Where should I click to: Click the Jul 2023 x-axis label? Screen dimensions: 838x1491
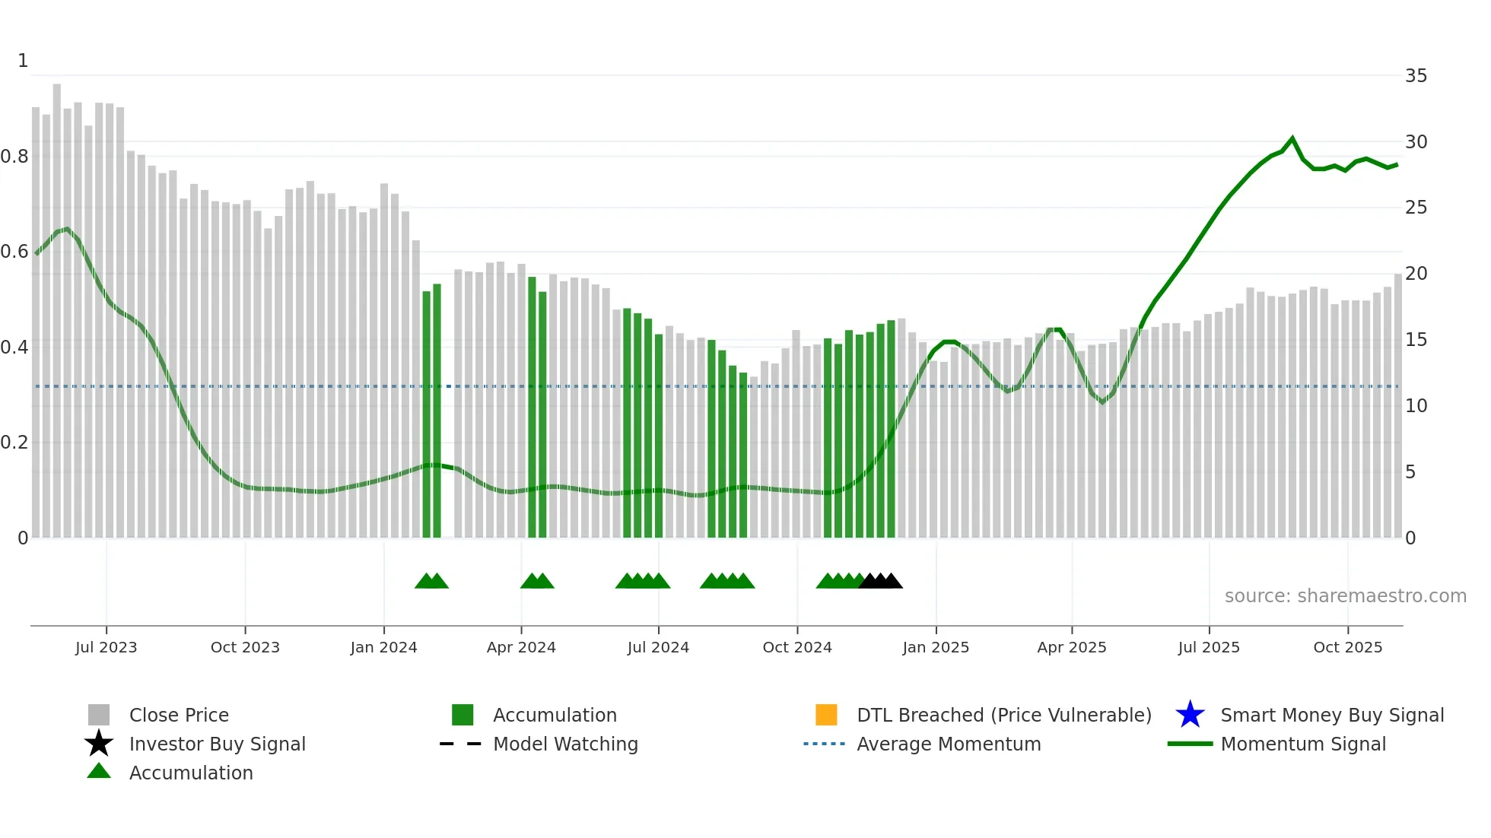click(x=106, y=647)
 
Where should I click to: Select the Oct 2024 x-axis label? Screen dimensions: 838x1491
click(x=796, y=647)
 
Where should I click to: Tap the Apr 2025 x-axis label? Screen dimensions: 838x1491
click(x=1071, y=647)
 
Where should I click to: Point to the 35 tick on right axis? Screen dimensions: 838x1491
click(x=1416, y=76)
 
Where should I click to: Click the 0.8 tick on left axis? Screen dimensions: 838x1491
click(x=14, y=157)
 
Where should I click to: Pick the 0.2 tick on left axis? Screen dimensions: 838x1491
click(x=14, y=443)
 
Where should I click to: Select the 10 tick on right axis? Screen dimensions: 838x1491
click(x=1416, y=406)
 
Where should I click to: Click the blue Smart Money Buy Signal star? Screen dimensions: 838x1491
click(x=1190, y=715)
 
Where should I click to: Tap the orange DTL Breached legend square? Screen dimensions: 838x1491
click(x=826, y=715)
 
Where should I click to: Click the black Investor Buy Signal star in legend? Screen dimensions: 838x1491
click(x=99, y=744)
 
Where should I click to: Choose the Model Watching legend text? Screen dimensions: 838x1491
click(x=565, y=744)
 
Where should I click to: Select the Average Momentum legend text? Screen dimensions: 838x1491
click(x=949, y=744)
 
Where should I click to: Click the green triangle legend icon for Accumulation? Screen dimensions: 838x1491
click(x=99, y=771)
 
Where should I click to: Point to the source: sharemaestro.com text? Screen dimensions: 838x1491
click(x=1345, y=596)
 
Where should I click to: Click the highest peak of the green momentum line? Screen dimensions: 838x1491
click(x=1292, y=138)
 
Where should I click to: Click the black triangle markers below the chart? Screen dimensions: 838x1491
click(x=880, y=582)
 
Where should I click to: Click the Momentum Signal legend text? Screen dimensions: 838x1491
click(x=1303, y=744)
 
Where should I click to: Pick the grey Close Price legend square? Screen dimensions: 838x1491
click(x=99, y=715)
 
